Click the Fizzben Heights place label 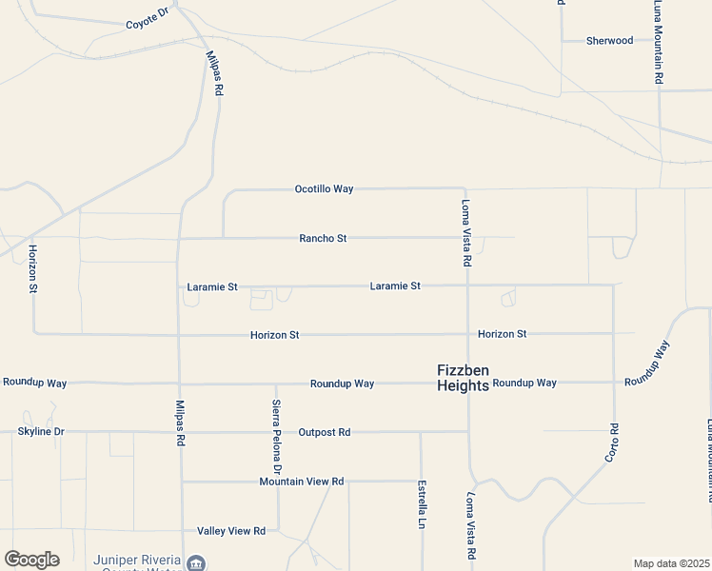click(463, 378)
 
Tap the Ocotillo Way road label click(324, 189)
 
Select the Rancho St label click(323, 238)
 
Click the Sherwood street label click(609, 41)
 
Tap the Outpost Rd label click(324, 432)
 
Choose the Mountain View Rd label click(301, 482)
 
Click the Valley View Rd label click(230, 530)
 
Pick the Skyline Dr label click(41, 432)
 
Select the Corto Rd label click(613, 443)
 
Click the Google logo click(31, 560)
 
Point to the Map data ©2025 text click(671, 563)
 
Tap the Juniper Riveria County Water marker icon click(196, 563)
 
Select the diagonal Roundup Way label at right click(648, 363)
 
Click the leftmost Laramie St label click(212, 286)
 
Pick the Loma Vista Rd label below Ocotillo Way click(466, 232)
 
